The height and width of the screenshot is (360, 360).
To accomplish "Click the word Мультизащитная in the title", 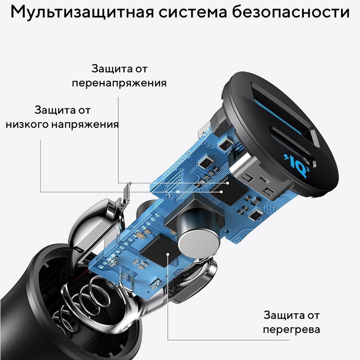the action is tap(82, 12).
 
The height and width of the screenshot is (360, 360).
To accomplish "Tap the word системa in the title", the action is tap(193, 13).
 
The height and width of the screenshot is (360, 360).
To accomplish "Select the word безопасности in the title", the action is tap(291, 12).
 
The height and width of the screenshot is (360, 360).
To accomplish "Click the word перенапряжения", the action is tap(119, 83).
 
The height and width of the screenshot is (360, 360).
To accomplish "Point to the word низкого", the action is tap(27, 125).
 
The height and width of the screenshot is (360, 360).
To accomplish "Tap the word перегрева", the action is tap(291, 330).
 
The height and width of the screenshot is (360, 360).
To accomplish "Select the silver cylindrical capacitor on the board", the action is tap(198, 236).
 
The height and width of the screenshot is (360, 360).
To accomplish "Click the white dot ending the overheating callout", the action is tap(168, 254).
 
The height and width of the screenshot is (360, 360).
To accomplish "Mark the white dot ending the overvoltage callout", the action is tap(227, 183).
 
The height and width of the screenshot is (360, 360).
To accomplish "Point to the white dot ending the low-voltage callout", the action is tap(221, 192).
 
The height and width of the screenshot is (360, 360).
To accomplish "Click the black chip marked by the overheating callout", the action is tap(159, 250).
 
